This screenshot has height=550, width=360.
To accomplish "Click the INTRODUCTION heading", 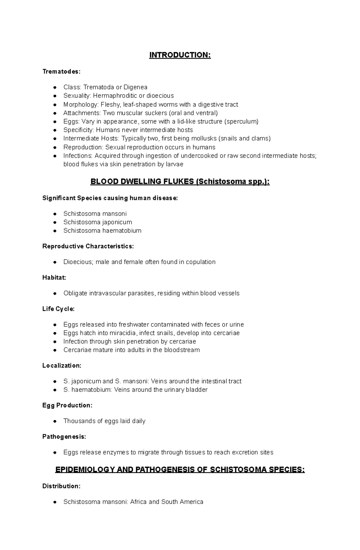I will click(x=180, y=55).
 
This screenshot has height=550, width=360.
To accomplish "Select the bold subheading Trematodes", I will click(x=61, y=71).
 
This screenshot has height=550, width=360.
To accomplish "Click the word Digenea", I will click(x=135, y=87).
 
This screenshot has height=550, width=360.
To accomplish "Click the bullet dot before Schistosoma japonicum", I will click(x=55, y=222).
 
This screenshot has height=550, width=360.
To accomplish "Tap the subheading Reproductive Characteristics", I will click(x=88, y=246).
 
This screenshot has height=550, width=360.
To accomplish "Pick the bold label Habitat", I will click(x=54, y=278).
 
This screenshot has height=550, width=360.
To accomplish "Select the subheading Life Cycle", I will click(x=58, y=309).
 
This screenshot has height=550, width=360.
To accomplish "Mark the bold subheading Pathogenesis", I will click(x=64, y=437).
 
